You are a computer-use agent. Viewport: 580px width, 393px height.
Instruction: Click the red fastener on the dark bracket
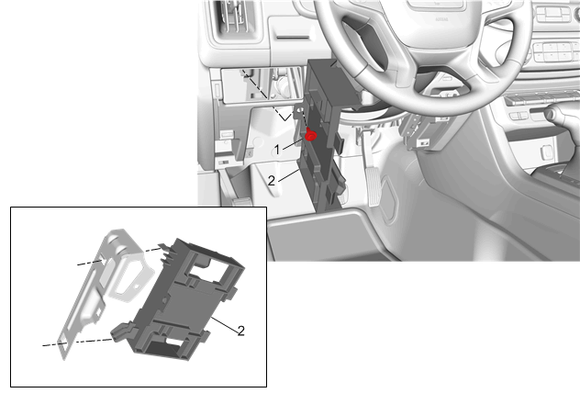coord(311,136)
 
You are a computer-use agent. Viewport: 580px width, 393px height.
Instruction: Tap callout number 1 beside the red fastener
coord(276,151)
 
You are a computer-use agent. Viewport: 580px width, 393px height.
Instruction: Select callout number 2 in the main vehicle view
coord(272,181)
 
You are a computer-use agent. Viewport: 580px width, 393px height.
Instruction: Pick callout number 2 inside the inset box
coord(240,331)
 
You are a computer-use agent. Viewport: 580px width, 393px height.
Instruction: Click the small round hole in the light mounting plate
coord(137,286)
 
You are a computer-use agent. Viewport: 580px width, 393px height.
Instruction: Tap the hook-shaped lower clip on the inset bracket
coord(122,331)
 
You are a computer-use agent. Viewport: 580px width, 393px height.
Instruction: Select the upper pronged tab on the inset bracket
coord(165,251)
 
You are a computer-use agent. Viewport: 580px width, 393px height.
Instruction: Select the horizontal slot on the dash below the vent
coord(293,37)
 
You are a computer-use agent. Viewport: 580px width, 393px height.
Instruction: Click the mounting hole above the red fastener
coord(300,110)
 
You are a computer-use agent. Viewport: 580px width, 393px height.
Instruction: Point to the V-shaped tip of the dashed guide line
coord(285,119)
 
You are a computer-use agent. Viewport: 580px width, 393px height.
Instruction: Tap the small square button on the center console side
coord(546,152)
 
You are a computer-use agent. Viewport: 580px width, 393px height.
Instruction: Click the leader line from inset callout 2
coord(224,325)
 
